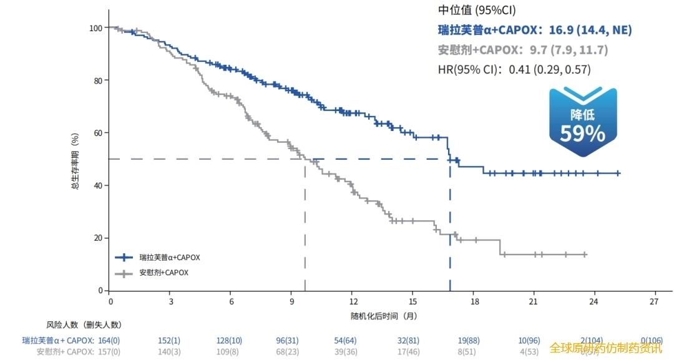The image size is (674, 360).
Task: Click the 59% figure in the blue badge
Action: point(582,134)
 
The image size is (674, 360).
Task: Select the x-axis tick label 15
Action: point(413,301)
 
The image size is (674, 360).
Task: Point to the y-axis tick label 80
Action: point(97,80)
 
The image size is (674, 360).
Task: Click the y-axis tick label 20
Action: point(97,238)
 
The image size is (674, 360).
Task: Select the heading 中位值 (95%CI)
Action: point(477,11)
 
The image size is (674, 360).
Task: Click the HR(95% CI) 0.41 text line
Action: point(514,70)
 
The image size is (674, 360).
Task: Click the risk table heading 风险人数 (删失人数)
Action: point(84,325)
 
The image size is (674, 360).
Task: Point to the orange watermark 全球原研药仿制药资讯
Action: point(605,348)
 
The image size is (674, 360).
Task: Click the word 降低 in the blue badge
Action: point(582,115)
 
